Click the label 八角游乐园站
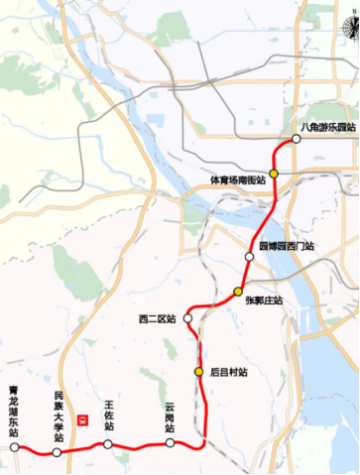click(327, 127)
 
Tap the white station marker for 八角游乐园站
click(296, 139)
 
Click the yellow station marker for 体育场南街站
click(274, 173)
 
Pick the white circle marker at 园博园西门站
click(249, 256)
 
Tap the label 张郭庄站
click(264, 300)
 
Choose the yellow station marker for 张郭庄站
click(238, 291)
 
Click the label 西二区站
click(158, 319)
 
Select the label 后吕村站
click(228, 373)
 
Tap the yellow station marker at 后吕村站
click(198, 372)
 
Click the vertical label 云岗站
click(171, 418)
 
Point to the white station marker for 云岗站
click(171, 443)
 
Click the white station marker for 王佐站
click(107, 444)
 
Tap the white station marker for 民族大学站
click(57, 452)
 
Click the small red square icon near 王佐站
click(83, 419)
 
